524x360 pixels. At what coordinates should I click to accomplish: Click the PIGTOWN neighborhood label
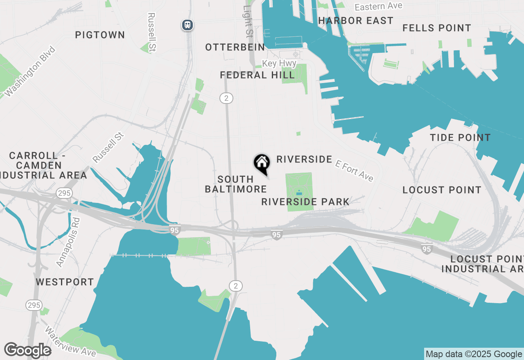(x=100, y=35)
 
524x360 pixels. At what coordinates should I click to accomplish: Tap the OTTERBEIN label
(x=235, y=47)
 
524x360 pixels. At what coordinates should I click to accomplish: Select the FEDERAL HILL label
(x=257, y=75)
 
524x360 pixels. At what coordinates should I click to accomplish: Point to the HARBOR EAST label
(x=355, y=21)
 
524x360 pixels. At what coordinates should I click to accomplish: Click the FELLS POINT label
(x=436, y=28)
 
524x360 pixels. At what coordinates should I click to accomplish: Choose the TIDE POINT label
(x=460, y=138)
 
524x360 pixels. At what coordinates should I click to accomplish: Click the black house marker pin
(x=262, y=163)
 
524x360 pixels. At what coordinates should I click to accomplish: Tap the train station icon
(x=187, y=25)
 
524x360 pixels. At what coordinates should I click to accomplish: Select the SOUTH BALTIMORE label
(x=236, y=184)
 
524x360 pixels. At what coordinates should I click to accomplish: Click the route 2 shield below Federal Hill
(x=226, y=98)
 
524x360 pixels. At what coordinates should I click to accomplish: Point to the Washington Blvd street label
(x=31, y=72)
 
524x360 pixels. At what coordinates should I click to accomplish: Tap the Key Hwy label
(x=279, y=63)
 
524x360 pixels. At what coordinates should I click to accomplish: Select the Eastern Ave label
(x=378, y=7)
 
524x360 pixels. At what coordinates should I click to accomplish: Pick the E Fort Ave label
(x=354, y=170)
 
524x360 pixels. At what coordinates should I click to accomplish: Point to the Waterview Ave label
(x=70, y=342)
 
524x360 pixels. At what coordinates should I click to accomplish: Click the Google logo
(x=27, y=351)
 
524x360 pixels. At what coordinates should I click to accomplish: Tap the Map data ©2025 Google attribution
(x=474, y=354)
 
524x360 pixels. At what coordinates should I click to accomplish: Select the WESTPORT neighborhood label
(x=65, y=282)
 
